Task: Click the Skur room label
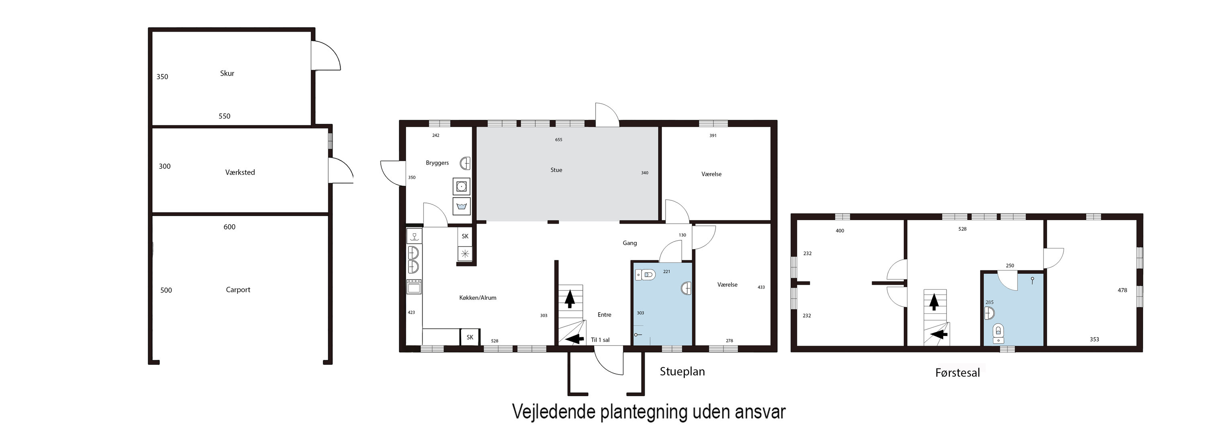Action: coord(227,74)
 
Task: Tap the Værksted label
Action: coord(240,172)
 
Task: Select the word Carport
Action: coord(238,290)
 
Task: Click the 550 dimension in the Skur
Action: coord(225,116)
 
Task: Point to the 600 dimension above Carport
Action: coord(229,227)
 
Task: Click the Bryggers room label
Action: coord(437,163)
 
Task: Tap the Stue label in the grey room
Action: coord(556,170)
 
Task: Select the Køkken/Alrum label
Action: coord(478,297)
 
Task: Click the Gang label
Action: coord(630,243)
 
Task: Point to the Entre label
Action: coord(605,315)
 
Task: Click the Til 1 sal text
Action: coord(600,340)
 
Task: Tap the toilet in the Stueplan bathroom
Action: coord(647,274)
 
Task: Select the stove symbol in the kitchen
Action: coord(414,286)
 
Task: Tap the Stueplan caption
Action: coord(682,371)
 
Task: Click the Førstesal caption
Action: coord(957,373)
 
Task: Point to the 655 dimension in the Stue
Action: coord(559,139)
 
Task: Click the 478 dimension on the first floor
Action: coord(1122,290)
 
